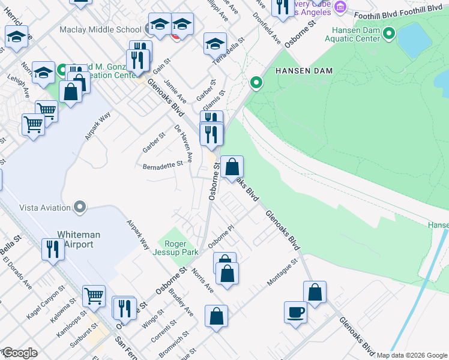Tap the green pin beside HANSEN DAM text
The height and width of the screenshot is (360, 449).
[257, 83]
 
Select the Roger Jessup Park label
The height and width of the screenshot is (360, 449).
[178, 248]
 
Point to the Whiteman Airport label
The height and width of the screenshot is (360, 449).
[75, 239]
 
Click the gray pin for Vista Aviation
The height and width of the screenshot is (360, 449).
[79, 208]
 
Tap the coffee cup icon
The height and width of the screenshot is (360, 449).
[295, 313]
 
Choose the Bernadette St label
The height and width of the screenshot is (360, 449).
[163, 166]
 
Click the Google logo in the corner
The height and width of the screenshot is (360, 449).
[20, 353]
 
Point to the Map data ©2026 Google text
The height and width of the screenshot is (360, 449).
[412, 355]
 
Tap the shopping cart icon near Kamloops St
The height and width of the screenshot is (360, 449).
[94, 295]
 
